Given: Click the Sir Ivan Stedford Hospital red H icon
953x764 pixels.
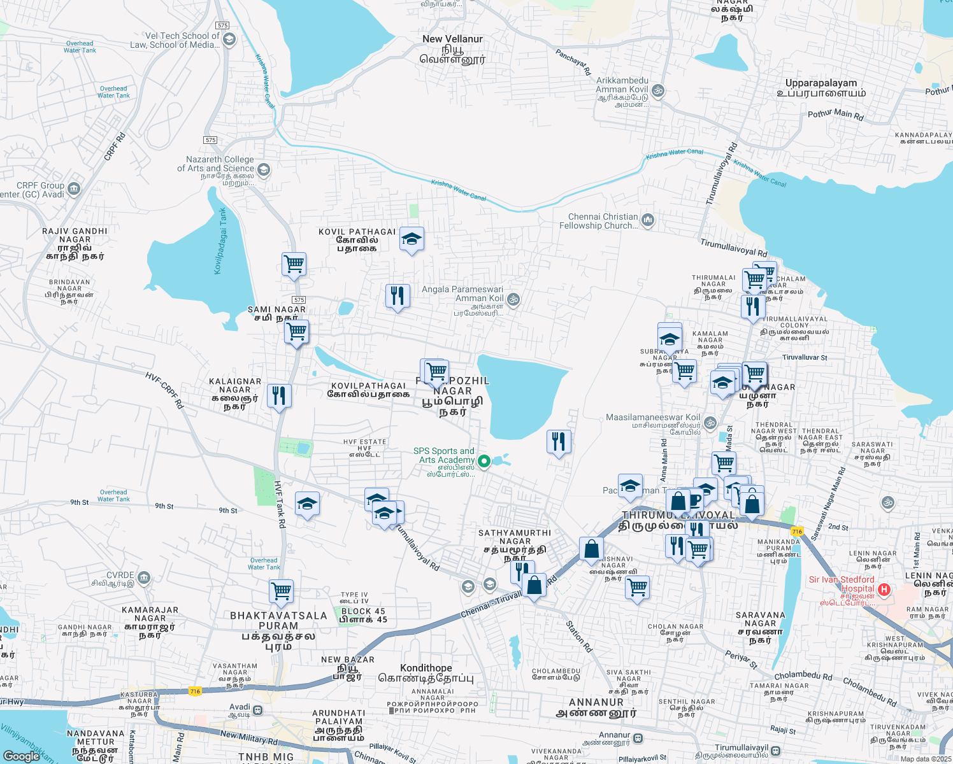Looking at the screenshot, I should point(884,590).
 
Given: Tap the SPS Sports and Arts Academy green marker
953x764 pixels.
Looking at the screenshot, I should point(484,462).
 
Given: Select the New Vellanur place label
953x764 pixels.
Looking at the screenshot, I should point(452,39).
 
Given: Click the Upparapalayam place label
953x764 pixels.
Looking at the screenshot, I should point(821,83).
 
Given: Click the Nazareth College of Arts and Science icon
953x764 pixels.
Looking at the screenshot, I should point(264,169).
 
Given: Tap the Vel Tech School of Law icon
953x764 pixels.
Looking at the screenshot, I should point(229,39).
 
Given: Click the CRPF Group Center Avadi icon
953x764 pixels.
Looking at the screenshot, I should point(74,188).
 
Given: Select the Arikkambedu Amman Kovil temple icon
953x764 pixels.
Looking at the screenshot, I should point(658,90).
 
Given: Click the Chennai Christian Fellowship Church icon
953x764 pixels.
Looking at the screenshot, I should point(648,220).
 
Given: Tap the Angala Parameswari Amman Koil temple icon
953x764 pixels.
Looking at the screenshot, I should point(513,299).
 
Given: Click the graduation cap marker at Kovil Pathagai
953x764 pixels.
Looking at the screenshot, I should point(412,239).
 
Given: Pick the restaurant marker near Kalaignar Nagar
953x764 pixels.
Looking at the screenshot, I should point(279,396).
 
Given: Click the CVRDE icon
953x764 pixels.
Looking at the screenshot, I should point(144,577).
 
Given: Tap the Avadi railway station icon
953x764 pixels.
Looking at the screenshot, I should point(257,710).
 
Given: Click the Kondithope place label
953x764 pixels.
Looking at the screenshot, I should point(426,668).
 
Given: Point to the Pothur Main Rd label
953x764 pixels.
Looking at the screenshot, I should point(835,115).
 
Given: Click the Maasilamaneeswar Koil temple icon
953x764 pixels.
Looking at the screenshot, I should point(710,423).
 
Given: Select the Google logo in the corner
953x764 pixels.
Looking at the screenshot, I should point(21,756).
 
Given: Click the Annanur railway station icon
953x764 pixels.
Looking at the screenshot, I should point(638,738).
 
